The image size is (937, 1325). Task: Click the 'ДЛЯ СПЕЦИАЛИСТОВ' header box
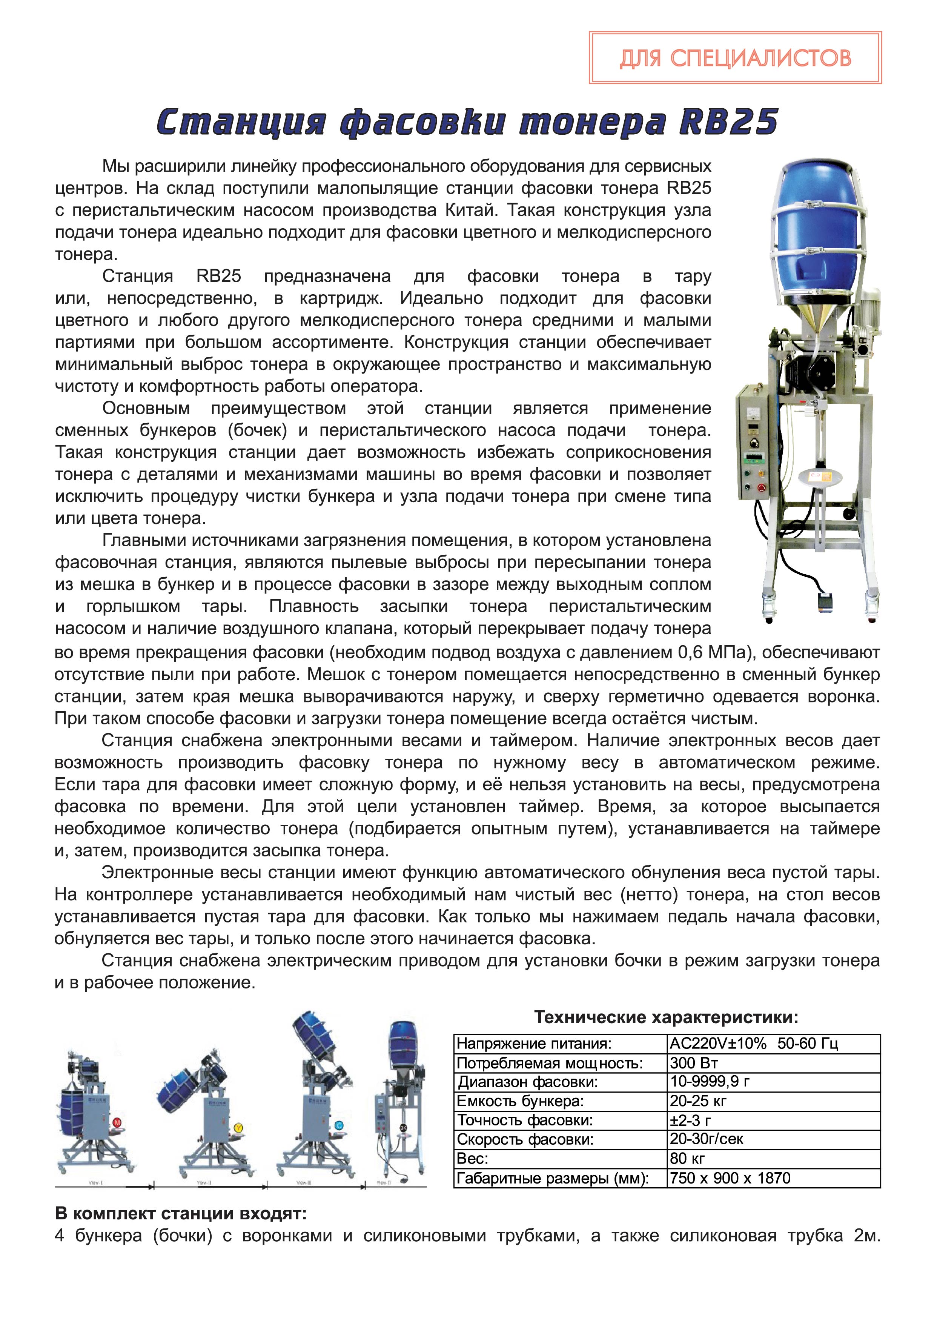(x=735, y=58)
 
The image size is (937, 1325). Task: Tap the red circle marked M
(x=117, y=1122)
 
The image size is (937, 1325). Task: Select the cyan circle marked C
(x=339, y=1125)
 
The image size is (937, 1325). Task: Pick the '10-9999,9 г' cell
(x=709, y=1082)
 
